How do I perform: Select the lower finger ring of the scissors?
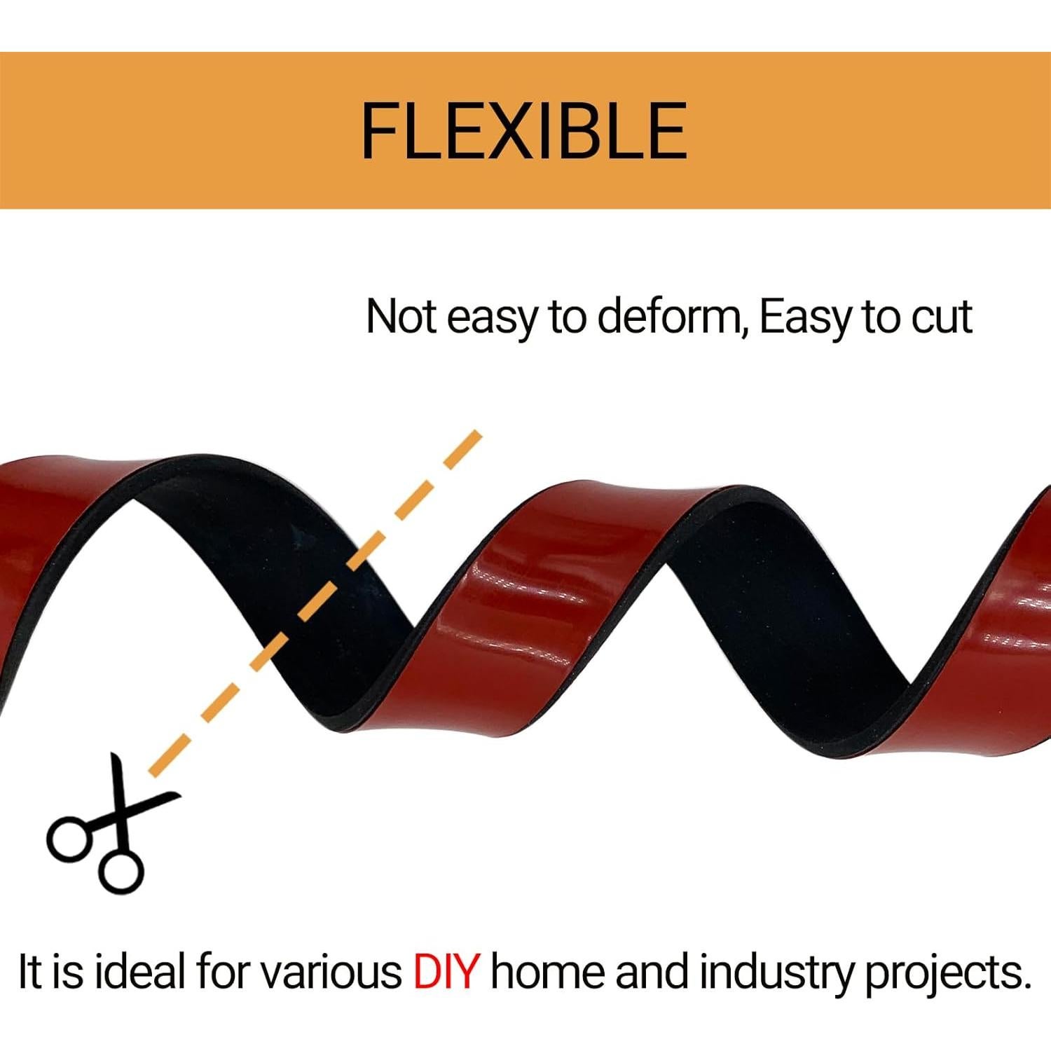coord(121,871)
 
